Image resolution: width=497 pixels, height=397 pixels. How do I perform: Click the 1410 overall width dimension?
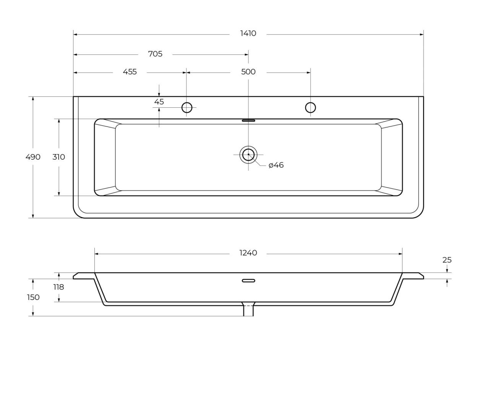tap(248, 34)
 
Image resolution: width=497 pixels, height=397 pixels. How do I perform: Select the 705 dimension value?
tap(155, 54)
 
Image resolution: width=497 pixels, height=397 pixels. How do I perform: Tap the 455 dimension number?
tap(130, 72)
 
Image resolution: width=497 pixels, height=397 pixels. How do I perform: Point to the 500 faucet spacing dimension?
tap(248, 72)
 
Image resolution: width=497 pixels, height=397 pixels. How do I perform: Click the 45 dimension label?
tap(159, 102)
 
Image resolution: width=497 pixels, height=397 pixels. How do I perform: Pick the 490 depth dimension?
tap(33, 157)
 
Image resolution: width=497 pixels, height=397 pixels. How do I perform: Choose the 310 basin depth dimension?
tap(58, 157)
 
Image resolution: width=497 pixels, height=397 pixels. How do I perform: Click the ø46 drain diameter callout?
tap(276, 165)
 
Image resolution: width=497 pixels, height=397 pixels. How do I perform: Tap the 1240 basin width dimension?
tap(248, 253)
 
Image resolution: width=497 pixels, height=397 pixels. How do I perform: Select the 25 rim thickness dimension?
tap(447, 260)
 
